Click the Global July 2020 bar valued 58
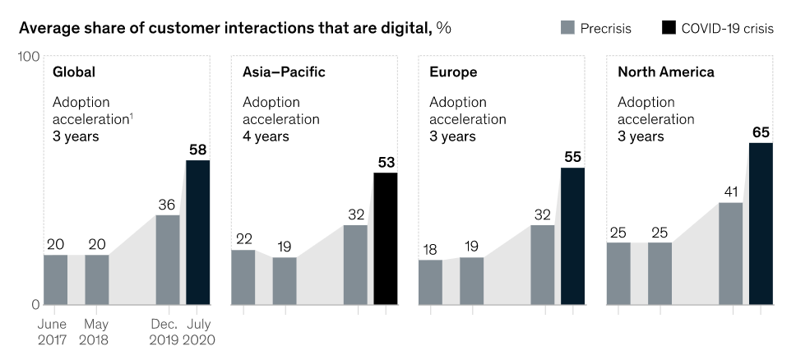[x=197, y=232]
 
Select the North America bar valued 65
[x=761, y=224]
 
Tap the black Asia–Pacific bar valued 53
[x=385, y=238]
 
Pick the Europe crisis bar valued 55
[x=572, y=236]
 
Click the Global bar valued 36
[x=168, y=259]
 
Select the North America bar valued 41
[x=730, y=253]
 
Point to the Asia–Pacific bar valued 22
[x=243, y=277]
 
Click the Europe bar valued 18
[x=430, y=282]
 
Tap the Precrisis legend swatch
[x=567, y=28]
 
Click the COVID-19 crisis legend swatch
[x=669, y=28]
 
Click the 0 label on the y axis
[x=35, y=304]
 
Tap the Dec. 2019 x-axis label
[x=169, y=332]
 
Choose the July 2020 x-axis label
[x=198, y=332]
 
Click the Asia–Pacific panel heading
[x=284, y=72]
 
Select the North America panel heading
[x=665, y=72]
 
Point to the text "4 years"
[x=265, y=136]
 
